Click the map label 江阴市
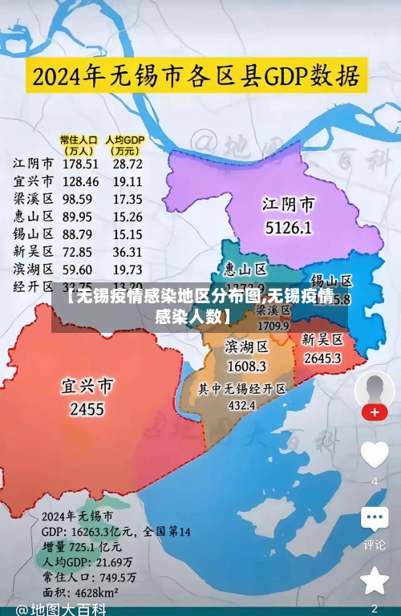pyautogui.click(x=288, y=204)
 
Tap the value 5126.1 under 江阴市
pyautogui.click(x=288, y=227)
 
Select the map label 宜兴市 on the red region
pyautogui.click(x=87, y=387)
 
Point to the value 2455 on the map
pyautogui.click(x=87, y=409)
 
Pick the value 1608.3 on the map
pyautogui.click(x=245, y=366)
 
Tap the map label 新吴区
pyautogui.click(x=322, y=339)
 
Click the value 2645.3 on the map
pyautogui.click(x=322, y=358)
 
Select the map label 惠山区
pyautogui.click(x=245, y=269)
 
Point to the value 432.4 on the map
pyautogui.click(x=242, y=406)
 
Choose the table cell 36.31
pyautogui.click(x=128, y=251)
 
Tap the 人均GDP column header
pyautogui.click(x=125, y=144)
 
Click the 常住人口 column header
pyautogui.click(x=79, y=144)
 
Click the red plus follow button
pyautogui.click(x=375, y=412)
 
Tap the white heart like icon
pyautogui.click(x=375, y=455)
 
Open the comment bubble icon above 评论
pyautogui.click(x=375, y=518)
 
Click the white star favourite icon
pyautogui.click(x=375, y=580)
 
